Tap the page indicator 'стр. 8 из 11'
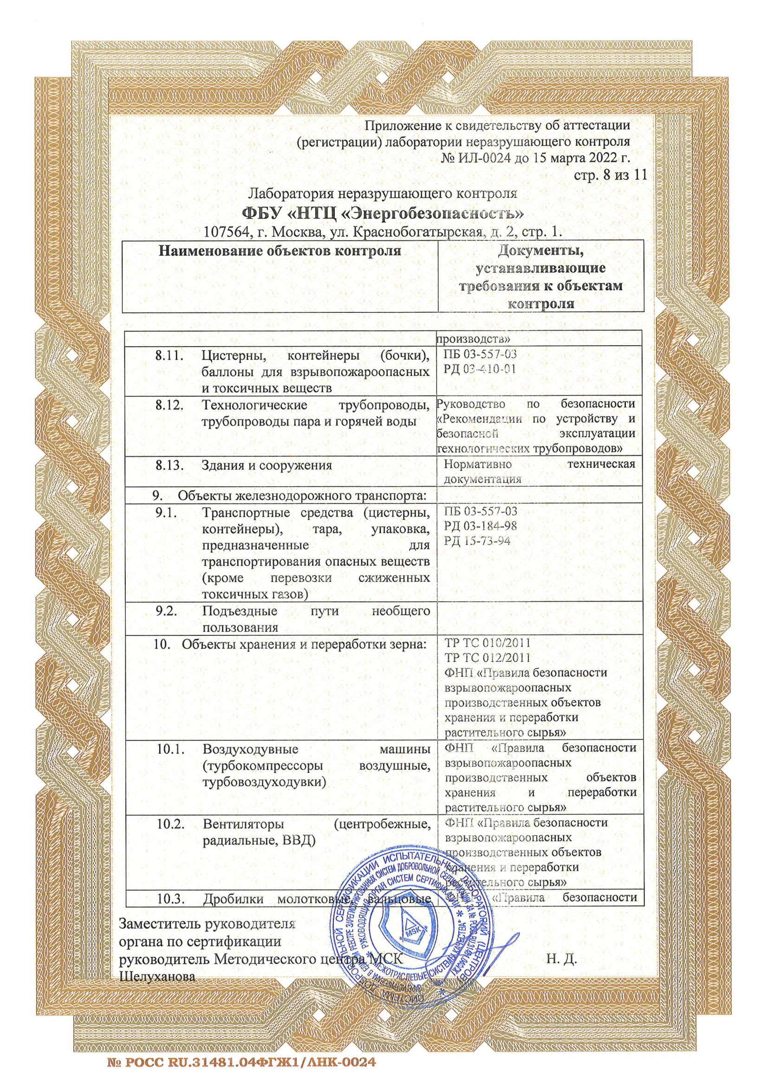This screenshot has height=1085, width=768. (610, 175)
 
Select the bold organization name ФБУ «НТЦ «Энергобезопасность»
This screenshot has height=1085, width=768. (383, 213)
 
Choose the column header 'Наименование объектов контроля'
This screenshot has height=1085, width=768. (280, 251)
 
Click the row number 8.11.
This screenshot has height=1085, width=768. (169, 355)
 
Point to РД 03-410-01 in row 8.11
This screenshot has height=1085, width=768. (480, 369)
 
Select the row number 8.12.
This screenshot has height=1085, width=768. (169, 405)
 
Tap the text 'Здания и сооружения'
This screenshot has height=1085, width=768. (267, 465)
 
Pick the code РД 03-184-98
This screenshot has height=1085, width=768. (481, 525)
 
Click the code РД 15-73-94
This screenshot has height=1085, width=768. (477, 541)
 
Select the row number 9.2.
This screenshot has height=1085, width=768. (167, 611)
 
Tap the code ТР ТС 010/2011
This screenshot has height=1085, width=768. (488, 643)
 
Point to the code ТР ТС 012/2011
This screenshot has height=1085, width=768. (488, 657)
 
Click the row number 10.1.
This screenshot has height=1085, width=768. (171, 749)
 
